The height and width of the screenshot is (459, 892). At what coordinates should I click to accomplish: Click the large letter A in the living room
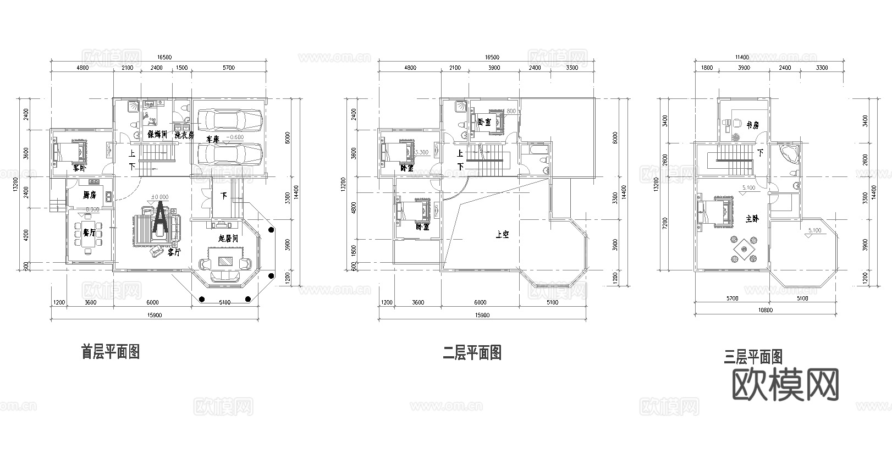pyautogui.click(x=159, y=219)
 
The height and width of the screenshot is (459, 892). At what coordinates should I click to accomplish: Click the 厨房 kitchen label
pyautogui.click(x=89, y=195)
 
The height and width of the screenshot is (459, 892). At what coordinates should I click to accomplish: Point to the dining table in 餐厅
pyautogui.click(x=88, y=237)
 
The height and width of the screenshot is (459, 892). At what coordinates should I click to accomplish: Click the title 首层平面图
pyautogui.click(x=110, y=351)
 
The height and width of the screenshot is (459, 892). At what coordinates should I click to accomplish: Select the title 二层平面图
pyautogui.click(x=472, y=352)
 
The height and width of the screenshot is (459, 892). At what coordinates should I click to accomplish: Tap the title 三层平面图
pyautogui.click(x=753, y=357)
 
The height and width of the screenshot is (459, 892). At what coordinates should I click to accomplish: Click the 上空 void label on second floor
pyautogui.click(x=502, y=235)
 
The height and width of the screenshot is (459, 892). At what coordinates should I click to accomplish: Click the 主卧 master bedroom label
pyautogui.click(x=752, y=218)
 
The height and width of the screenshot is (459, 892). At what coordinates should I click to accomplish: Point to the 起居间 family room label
pyautogui.click(x=228, y=239)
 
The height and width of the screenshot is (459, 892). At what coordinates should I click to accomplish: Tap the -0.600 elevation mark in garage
pyautogui.click(x=235, y=137)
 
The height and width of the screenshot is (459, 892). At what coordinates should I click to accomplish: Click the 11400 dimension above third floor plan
pyautogui.click(x=742, y=57)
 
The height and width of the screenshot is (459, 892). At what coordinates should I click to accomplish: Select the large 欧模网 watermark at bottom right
pyautogui.click(x=787, y=384)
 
